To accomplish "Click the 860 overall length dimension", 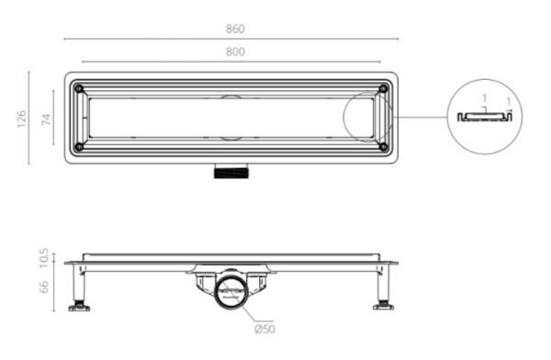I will click(x=235, y=28).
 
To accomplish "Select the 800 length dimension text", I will click(x=235, y=52).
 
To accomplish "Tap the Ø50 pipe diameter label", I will click(x=264, y=329).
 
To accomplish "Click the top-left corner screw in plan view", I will click(x=80, y=89).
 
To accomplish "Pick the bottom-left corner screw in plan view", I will click(x=80, y=146).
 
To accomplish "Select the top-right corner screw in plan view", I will click(x=383, y=89).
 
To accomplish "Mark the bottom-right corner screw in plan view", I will click(x=383, y=146).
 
